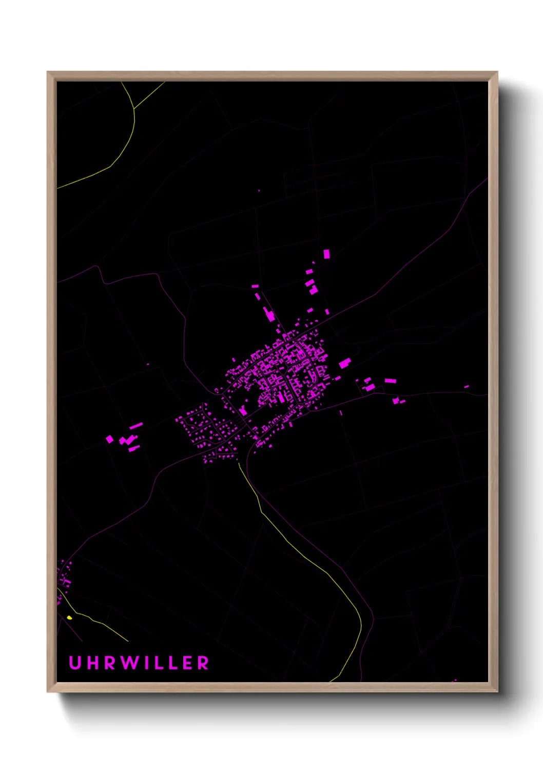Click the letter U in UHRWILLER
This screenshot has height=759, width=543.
tap(75, 663)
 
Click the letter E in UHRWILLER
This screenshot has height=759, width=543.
tap(187, 663)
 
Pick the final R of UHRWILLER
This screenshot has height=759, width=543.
tap(203, 663)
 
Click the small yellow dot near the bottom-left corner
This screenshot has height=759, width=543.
tap(69, 617)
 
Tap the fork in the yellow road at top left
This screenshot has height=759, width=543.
tap(134, 109)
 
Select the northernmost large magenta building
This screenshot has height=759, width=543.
tap(326, 254)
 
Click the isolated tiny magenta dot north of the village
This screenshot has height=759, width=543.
tap(259, 191)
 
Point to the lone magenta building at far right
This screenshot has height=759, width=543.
tap(466, 387)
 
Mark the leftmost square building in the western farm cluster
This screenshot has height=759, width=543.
tap(109, 439)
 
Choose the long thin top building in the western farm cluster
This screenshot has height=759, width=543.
tap(136, 426)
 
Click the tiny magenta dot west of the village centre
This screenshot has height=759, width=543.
tap(148, 365)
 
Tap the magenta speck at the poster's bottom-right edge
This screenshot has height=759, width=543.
tap(454, 681)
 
